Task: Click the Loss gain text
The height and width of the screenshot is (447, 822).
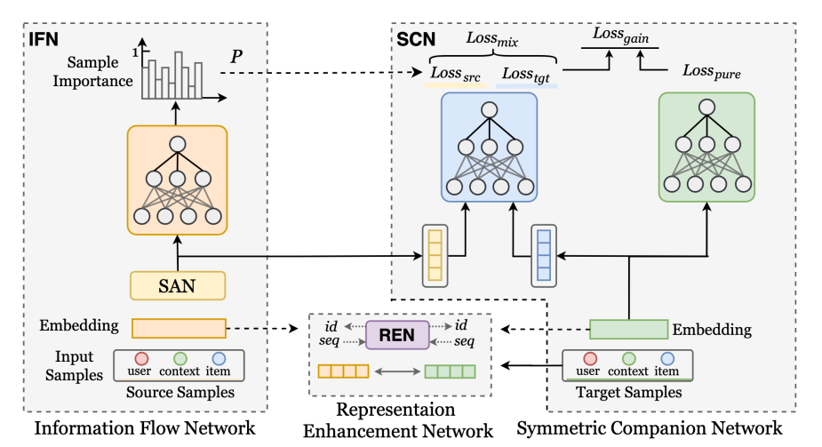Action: click(x=619, y=35)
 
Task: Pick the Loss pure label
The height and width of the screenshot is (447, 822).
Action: click(x=711, y=69)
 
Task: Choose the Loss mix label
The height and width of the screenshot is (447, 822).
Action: click(x=491, y=38)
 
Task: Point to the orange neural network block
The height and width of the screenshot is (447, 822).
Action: click(x=177, y=180)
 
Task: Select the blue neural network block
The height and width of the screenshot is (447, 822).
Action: click(x=489, y=147)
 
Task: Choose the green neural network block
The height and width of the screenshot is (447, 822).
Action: click(x=706, y=147)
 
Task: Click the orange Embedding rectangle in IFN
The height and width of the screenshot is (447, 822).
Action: click(x=179, y=328)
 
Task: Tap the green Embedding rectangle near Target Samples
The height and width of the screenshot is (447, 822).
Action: click(x=628, y=329)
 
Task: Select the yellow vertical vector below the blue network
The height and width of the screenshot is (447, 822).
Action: click(x=435, y=255)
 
